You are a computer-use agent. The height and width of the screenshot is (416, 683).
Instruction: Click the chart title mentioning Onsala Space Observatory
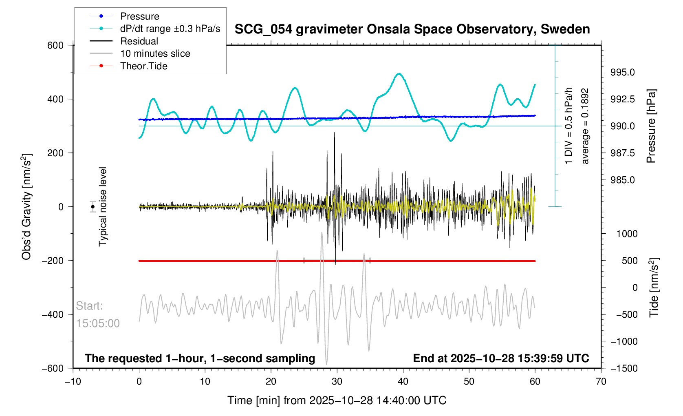pos(412,29)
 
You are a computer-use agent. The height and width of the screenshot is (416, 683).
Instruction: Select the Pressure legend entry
pos(139,16)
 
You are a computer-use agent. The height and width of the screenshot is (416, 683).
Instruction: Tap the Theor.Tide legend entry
pos(143,66)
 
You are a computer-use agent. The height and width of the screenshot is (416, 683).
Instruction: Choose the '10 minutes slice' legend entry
pos(155,53)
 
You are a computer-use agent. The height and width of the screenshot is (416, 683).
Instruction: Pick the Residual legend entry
pos(139,41)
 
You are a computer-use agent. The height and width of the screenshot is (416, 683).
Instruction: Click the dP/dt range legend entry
pos(170,29)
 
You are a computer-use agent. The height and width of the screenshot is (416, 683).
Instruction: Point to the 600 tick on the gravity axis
pos(55,45)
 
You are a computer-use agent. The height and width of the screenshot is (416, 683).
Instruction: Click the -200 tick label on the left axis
pos(53,261)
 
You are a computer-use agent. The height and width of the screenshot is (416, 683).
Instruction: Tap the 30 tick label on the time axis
pos(337,381)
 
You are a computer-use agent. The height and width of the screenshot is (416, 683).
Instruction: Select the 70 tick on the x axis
pos(601,381)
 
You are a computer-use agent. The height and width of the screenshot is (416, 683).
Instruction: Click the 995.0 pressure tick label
pos(622,73)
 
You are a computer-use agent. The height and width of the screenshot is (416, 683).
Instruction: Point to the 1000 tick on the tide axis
pos(627,234)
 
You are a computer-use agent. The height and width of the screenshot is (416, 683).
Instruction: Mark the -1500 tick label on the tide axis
pos(624,368)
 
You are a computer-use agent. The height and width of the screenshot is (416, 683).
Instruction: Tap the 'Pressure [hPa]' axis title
pos(651,126)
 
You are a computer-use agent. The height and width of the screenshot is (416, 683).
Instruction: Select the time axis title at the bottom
pos(337,401)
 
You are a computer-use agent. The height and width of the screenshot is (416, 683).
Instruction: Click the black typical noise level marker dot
pos(93,207)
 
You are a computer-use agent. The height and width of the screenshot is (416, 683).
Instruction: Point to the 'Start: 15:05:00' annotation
pos(98,315)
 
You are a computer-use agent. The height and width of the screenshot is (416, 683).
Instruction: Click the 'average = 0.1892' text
pos(585,126)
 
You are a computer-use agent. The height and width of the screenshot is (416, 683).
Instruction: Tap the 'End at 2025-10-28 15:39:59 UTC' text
pos(501,358)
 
